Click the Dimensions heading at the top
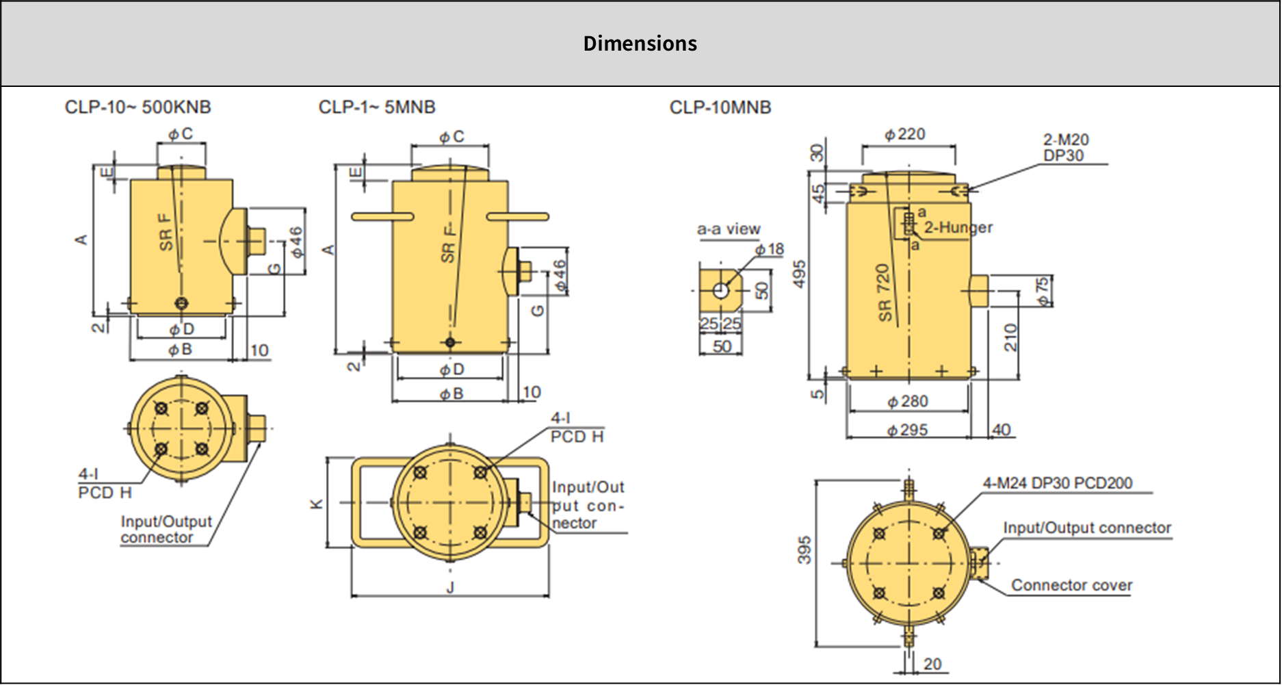[640, 44]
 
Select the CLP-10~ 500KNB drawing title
[138, 107]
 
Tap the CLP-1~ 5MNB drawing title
[376, 107]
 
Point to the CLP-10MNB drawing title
[720, 107]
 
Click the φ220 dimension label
[904, 135]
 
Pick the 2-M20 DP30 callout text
[1065, 148]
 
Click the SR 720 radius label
[884, 293]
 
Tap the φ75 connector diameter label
[1043, 291]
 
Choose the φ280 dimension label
[907, 402]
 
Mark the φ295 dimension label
[907, 430]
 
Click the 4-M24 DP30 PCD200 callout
[1058, 483]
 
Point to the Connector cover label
[1071, 586]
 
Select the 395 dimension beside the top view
[804, 550]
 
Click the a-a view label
[729, 229]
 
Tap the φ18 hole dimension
[770, 250]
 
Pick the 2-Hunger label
[958, 227]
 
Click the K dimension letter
[316, 504]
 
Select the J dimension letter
[449, 588]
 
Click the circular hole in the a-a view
[720, 291]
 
